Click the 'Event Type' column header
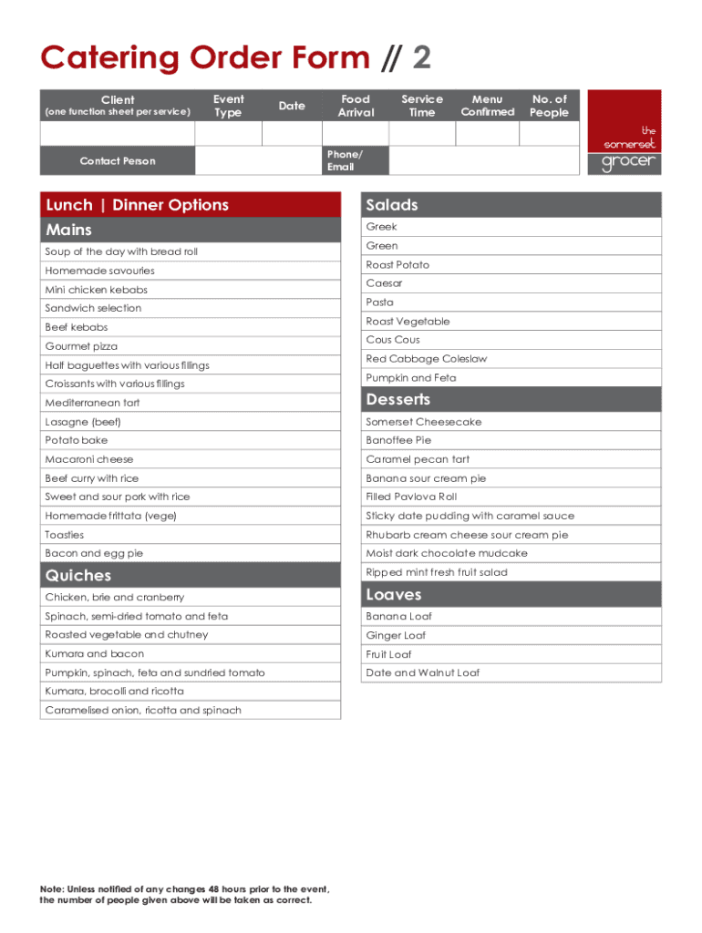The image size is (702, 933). tap(228, 106)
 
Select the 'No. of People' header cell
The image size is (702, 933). tap(549, 106)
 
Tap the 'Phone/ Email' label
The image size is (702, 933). tap(344, 160)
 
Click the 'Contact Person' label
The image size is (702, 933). tap(118, 161)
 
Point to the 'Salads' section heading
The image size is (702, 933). tap(392, 205)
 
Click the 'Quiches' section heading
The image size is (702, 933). tap(78, 575)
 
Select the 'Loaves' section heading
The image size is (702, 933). tap(394, 594)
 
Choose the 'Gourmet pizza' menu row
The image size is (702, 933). tap(81, 346)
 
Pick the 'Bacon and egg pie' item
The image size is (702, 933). tap(94, 553)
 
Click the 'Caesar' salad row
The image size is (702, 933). tap(384, 283)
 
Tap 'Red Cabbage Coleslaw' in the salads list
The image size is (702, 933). tap(426, 359)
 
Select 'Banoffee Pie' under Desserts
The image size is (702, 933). tap(398, 440)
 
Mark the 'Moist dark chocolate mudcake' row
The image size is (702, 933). tap(446, 553)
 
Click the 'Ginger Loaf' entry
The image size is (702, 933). tap(396, 635)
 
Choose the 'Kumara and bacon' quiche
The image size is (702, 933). tap(94, 653)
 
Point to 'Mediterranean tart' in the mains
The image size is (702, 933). tap(92, 403)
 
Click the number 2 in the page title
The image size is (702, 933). tap(421, 58)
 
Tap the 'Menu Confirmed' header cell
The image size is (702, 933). tap(487, 106)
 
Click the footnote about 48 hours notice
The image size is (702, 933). tap(184, 894)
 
